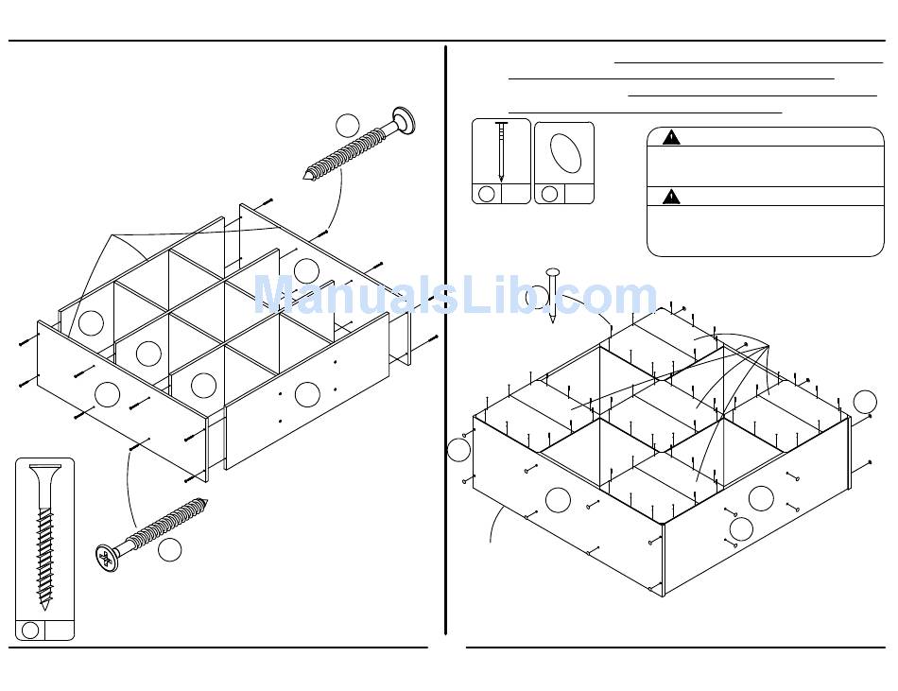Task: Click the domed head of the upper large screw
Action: (406, 119)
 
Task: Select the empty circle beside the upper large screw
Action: (348, 125)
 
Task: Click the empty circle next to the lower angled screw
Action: (169, 549)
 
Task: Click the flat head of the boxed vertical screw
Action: (43, 470)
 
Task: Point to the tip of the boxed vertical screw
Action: (44, 605)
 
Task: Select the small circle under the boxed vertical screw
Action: (30, 631)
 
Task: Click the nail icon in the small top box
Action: (501, 151)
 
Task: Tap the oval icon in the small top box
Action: (565, 153)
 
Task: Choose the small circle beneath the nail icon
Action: (487, 194)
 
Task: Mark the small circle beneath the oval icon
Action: (549, 194)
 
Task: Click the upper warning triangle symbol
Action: (671, 137)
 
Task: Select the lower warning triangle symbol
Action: (671, 197)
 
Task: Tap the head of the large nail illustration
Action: (553, 273)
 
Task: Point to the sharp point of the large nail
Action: (553, 321)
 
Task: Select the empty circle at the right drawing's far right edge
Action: (865, 402)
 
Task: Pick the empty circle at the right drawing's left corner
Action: (459, 450)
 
